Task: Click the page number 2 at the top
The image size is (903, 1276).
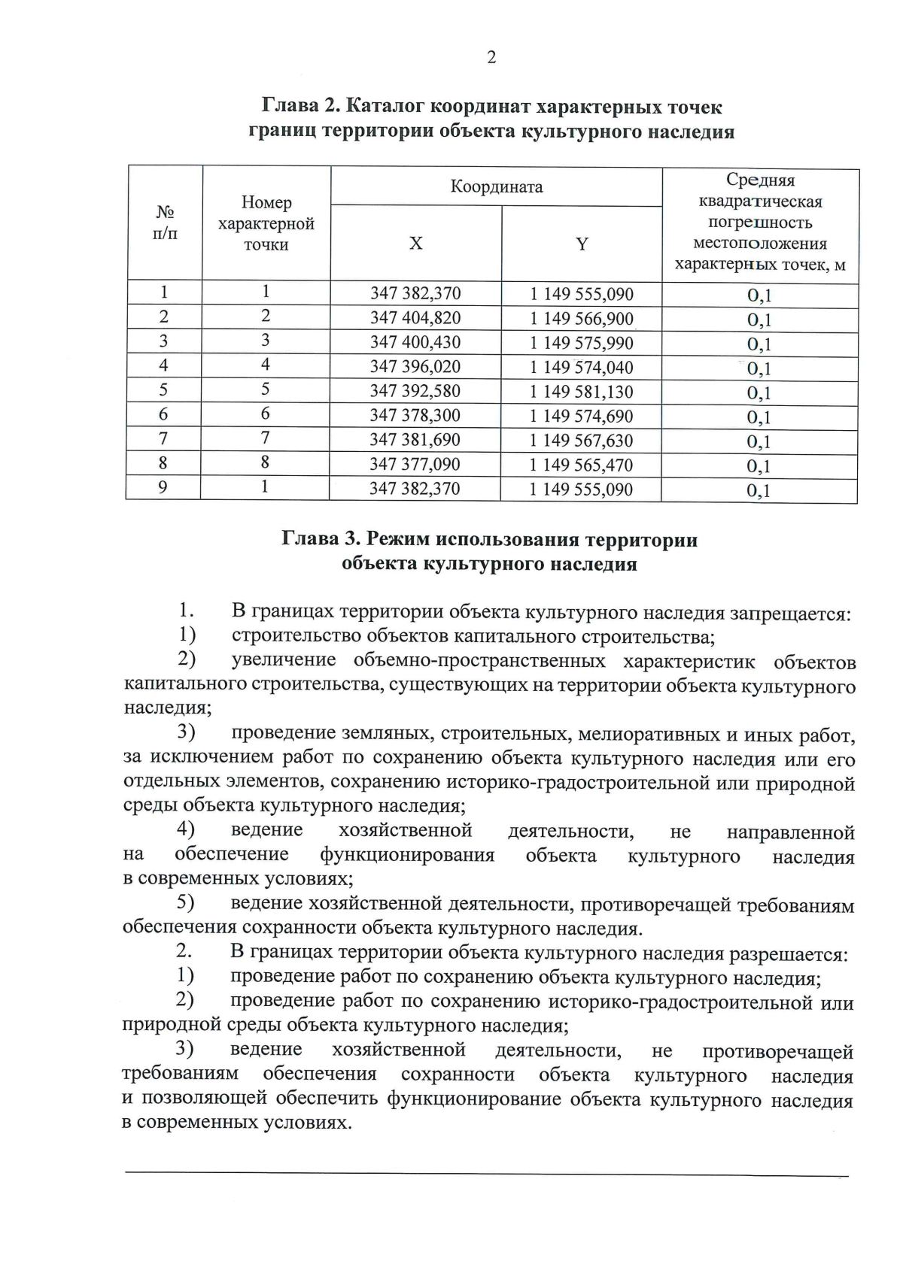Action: tap(491, 58)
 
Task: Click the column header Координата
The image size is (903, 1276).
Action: tap(497, 186)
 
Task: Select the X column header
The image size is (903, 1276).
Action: tap(415, 244)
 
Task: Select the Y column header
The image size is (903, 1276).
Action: tap(582, 244)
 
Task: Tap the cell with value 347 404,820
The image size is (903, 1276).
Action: tap(415, 318)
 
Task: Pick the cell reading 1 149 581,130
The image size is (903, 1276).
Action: tap(582, 392)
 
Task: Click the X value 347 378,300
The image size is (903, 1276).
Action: tap(415, 416)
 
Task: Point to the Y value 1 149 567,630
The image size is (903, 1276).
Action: tap(582, 441)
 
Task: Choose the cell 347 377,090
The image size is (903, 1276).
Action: tap(415, 465)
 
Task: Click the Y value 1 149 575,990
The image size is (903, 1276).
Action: tap(582, 343)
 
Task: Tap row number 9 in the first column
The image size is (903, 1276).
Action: tap(163, 488)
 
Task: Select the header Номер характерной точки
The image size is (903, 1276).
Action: tap(266, 223)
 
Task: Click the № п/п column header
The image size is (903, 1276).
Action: tap(165, 223)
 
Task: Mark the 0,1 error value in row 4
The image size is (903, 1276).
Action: tap(759, 369)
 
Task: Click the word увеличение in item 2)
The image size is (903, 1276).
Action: tap(284, 661)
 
